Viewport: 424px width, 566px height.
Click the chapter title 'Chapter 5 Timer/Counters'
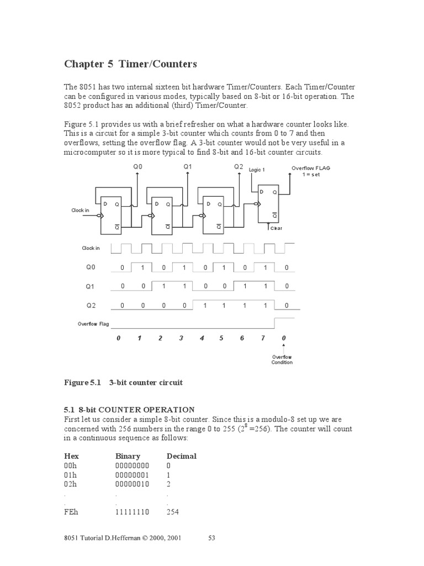[x=130, y=64]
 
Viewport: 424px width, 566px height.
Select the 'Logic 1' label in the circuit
[x=257, y=170]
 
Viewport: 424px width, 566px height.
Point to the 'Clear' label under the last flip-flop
[x=276, y=228]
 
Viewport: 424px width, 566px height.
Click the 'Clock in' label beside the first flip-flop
[x=80, y=210]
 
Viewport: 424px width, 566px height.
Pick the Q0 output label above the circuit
[x=137, y=166]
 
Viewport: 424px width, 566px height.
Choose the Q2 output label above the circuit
[x=239, y=166]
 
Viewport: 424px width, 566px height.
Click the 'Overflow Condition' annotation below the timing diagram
[x=282, y=360]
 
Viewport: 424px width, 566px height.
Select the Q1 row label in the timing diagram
[x=90, y=287]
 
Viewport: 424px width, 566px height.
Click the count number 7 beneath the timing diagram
[x=263, y=338]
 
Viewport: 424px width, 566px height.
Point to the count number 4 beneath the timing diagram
[x=202, y=338]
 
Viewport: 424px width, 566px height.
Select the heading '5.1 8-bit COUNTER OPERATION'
[x=129, y=410]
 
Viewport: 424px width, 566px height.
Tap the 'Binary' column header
[x=128, y=456]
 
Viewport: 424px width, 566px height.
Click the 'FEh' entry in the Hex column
[x=72, y=512]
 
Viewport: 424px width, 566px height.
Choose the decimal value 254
[x=174, y=512]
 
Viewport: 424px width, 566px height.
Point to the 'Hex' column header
[x=72, y=456]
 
